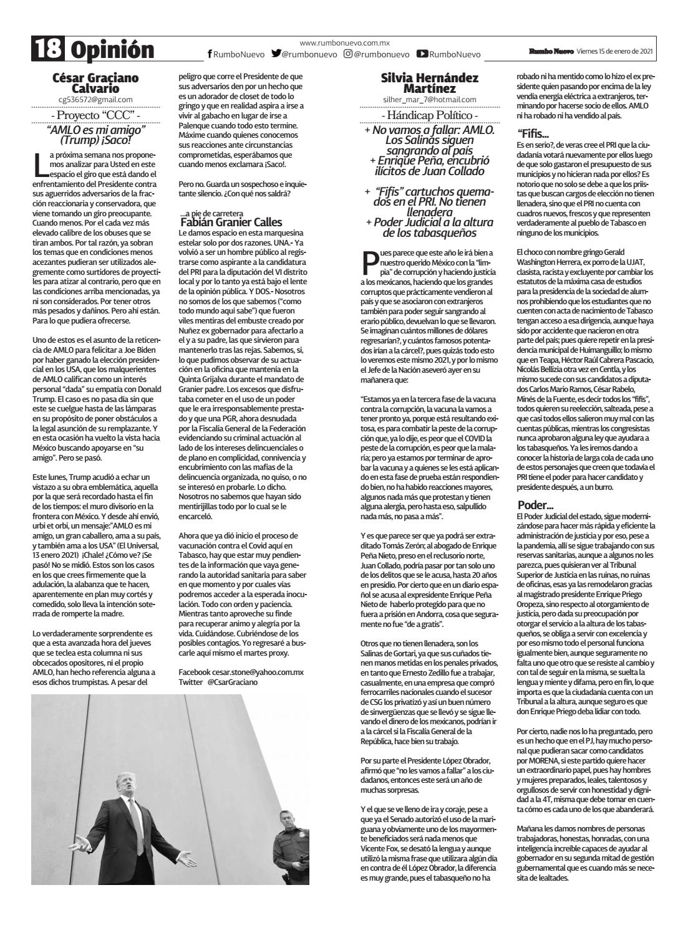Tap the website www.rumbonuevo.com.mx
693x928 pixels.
click(x=344, y=43)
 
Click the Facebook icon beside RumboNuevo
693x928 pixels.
click(x=210, y=55)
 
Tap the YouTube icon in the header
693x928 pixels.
click(x=422, y=54)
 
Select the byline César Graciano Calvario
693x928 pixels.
click(x=95, y=84)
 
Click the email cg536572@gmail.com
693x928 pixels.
click(x=95, y=99)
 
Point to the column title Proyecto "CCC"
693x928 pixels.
click(x=95, y=115)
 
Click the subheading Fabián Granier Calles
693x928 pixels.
click(x=231, y=222)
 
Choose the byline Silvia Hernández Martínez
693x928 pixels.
click(x=429, y=84)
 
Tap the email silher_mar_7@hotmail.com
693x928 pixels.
click(x=429, y=100)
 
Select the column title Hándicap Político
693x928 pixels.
click(x=429, y=116)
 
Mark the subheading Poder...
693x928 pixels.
click(x=535, y=504)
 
